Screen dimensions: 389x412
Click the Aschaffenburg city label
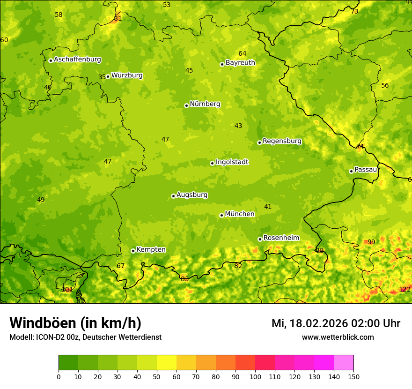(x=77, y=60)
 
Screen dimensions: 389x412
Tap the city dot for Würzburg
(x=108, y=76)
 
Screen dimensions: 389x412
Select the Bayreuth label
(x=240, y=62)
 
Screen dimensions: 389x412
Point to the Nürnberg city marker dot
(x=186, y=105)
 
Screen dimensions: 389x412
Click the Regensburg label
(x=282, y=141)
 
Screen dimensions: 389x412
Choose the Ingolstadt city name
(x=232, y=162)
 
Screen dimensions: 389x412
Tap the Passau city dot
(x=351, y=171)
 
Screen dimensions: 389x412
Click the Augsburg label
(x=192, y=194)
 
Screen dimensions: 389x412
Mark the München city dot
(x=221, y=215)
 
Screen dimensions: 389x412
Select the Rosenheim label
(x=281, y=238)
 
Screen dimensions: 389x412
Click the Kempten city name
(x=151, y=249)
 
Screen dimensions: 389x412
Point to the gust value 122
(x=405, y=289)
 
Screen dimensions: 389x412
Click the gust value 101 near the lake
(x=67, y=289)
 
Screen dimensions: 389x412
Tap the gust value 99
(x=371, y=242)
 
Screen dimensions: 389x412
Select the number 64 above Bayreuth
(x=242, y=53)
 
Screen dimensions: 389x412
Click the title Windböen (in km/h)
(x=75, y=323)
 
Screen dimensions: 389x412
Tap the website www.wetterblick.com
(x=338, y=337)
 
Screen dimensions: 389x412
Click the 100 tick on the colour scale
(x=255, y=376)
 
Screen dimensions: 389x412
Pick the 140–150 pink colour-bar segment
(x=344, y=362)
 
